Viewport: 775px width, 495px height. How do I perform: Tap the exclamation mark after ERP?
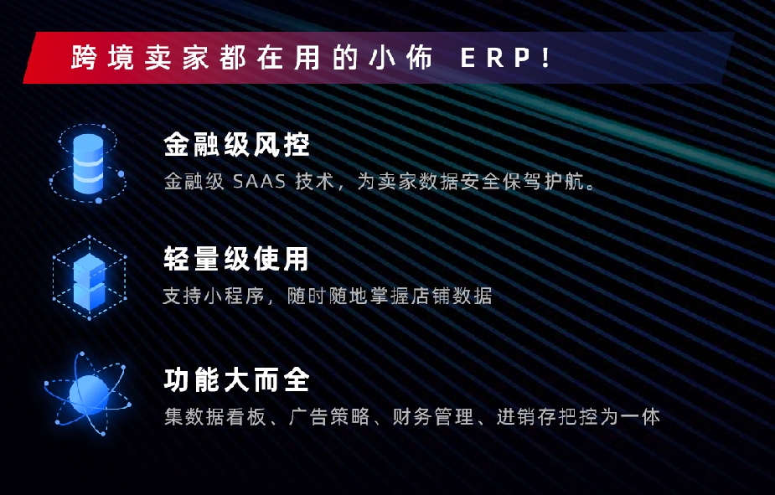point(546,58)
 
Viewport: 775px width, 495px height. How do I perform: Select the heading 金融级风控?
point(237,144)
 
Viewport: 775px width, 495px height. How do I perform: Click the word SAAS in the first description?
point(260,182)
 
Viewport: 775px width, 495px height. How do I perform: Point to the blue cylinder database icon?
point(88,163)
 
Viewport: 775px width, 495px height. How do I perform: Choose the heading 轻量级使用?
point(236,258)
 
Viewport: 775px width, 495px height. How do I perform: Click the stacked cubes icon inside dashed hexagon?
point(89,277)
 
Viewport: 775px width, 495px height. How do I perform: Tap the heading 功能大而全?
point(237,380)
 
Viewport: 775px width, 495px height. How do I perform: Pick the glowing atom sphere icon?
point(88,394)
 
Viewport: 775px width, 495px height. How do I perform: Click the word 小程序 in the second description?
point(225,296)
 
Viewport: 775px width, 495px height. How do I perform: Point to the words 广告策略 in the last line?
point(329,417)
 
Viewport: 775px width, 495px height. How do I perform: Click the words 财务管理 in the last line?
point(433,417)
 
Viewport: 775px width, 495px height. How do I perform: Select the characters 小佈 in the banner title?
point(400,58)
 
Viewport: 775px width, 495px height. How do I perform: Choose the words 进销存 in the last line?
point(527,417)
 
